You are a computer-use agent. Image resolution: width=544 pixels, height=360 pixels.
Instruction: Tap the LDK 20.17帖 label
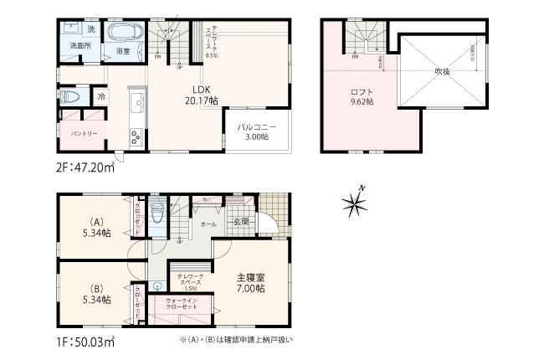pos(202,95)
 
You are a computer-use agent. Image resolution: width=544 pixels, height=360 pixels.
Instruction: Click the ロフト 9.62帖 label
pos(362,95)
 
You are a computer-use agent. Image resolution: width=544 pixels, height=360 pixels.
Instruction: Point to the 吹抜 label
pos(441,72)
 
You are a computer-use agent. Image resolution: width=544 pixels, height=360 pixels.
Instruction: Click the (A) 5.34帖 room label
pos(96,229)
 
